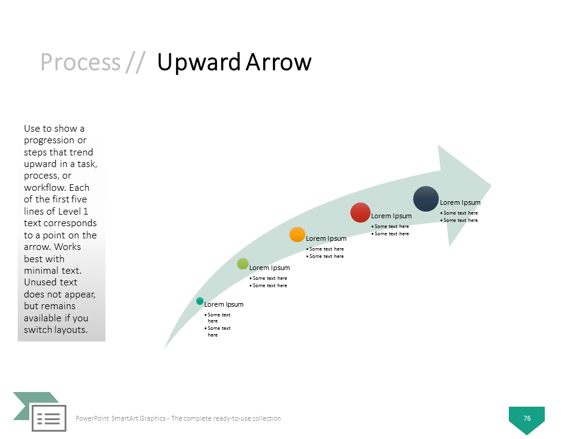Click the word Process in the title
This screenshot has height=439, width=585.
coord(80,62)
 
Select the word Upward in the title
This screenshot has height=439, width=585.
coord(199,63)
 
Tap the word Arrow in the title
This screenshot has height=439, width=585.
coord(278,62)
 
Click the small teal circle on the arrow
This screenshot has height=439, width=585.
coord(200,301)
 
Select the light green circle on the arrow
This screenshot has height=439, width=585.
coord(243,264)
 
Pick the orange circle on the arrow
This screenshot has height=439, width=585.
coord(297,234)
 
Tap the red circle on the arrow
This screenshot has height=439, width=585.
coord(360,212)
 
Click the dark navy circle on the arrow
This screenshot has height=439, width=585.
coord(426,199)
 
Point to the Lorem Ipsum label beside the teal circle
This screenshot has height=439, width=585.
coord(224,305)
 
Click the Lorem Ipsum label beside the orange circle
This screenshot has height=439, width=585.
coord(326,238)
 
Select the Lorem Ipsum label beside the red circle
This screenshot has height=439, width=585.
coord(391,216)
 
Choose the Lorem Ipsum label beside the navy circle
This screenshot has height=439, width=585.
coord(460,202)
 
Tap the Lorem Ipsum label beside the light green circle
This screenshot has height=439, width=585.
coord(269,268)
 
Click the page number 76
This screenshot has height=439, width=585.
coord(526,418)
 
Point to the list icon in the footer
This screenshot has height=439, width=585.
coord(49,418)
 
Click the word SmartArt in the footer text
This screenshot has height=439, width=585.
coord(138,418)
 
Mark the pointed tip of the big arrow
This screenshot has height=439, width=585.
coord(491,185)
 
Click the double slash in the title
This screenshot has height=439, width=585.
coord(135,62)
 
